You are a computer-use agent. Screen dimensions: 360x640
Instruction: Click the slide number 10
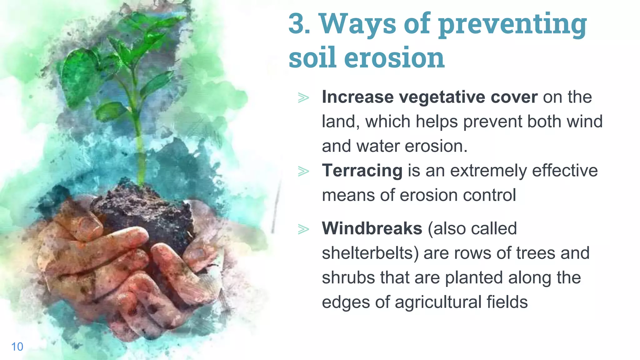tap(17, 347)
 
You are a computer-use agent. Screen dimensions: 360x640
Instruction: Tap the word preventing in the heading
tap(512, 25)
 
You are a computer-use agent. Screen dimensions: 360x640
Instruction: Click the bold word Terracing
tap(362, 171)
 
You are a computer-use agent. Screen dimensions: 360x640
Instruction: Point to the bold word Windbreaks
tap(372, 228)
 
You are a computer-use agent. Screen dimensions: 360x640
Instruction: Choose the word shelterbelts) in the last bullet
tap(370, 253)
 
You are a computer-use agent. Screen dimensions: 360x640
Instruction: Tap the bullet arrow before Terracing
tap(303, 171)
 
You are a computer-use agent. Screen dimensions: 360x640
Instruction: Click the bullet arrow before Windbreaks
tap(303, 229)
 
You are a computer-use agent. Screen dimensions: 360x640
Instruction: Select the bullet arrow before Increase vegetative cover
tap(303, 98)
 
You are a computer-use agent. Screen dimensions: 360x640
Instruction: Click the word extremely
tap(488, 171)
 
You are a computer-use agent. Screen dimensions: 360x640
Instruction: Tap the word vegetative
tap(442, 97)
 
